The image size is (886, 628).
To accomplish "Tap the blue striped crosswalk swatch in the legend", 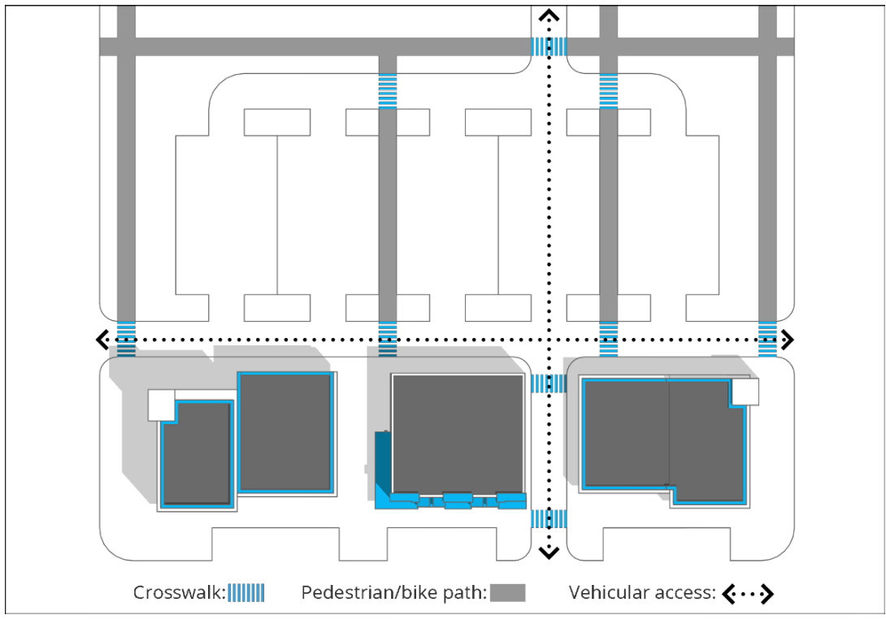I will (246, 593).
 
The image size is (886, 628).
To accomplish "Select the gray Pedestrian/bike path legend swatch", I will (507, 593).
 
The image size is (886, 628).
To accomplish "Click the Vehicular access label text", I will (641, 593).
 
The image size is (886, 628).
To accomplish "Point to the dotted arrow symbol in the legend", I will (747, 594).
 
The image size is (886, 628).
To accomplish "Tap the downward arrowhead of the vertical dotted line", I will (549, 553).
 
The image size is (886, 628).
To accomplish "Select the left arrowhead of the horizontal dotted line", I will (102, 339).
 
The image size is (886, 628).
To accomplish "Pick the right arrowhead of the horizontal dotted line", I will (787, 339).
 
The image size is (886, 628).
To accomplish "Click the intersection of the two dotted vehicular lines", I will (549, 339).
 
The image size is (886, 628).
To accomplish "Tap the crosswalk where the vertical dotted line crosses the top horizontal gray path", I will (549, 46).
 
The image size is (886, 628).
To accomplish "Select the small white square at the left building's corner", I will (161, 405).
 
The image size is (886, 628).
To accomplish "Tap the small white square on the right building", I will (745, 392).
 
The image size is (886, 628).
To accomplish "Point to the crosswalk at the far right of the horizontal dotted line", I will (767, 339).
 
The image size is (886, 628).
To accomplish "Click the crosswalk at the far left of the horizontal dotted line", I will (126, 339).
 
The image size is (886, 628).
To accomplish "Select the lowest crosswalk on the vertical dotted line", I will (549, 518).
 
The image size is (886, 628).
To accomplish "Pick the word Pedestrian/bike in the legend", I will (353, 593).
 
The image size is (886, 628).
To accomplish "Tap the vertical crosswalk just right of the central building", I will (549, 383).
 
